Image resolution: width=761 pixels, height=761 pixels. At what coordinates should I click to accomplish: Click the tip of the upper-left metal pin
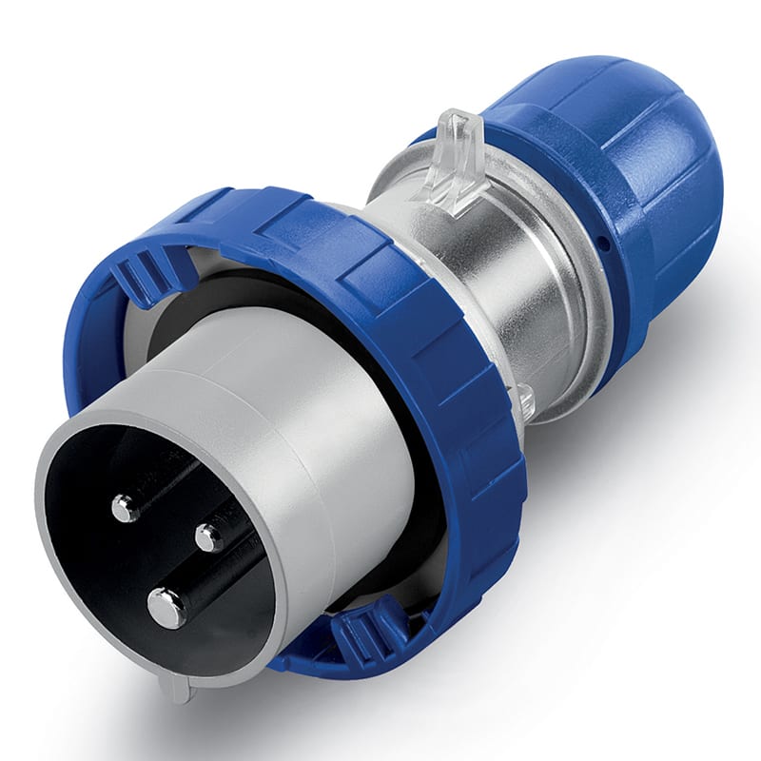(125, 508)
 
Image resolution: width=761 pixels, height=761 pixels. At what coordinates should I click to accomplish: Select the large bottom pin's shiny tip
(167, 607)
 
